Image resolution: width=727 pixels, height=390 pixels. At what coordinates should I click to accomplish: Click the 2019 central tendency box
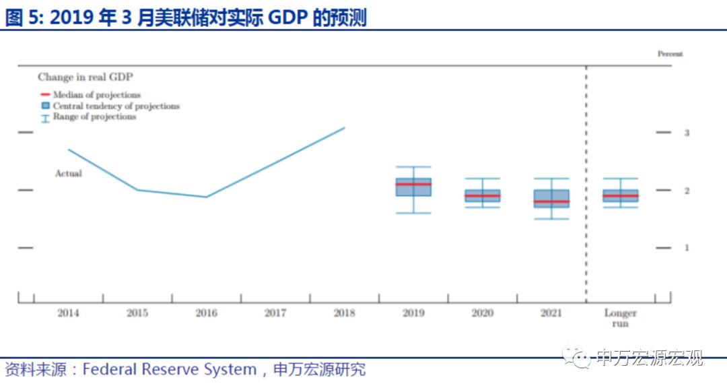[413, 187]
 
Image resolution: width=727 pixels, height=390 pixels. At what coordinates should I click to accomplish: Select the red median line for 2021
[551, 201]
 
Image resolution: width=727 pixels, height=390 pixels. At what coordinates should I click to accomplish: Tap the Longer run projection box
[620, 196]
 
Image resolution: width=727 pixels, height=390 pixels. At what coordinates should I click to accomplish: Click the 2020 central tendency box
[482, 196]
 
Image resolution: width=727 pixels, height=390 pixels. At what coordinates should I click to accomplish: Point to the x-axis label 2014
[68, 313]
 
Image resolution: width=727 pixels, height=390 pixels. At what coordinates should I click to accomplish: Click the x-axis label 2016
[206, 313]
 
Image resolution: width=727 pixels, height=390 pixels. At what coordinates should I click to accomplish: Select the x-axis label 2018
[344, 313]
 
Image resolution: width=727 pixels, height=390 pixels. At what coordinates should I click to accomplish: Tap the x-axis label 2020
[482, 313]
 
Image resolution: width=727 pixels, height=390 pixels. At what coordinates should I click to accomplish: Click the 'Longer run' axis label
[620, 318]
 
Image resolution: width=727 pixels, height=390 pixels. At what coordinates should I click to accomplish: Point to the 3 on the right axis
[687, 133]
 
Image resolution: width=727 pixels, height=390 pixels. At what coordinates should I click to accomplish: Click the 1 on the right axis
[687, 248]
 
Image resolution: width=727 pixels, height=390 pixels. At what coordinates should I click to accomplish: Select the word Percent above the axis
[670, 54]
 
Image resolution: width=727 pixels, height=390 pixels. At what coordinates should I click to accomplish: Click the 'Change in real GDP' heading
[85, 77]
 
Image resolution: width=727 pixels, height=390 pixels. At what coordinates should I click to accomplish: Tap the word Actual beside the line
[68, 174]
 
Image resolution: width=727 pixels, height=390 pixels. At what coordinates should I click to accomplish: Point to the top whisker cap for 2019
[413, 166]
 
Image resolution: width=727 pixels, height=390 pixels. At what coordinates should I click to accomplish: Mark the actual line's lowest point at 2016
[206, 197]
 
